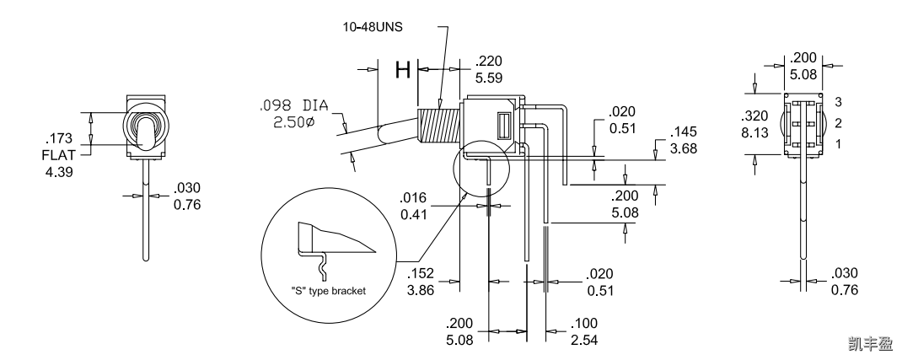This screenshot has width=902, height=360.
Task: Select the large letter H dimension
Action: pyautogui.click(x=404, y=70)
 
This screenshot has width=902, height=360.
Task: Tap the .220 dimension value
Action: pyautogui.click(x=489, y=61)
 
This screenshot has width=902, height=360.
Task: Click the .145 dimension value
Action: pyautogui.click(x=684, y=133)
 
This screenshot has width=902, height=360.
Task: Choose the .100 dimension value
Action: pyautogui.click(x=584, y=323)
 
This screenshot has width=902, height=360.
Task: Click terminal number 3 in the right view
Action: pyautogui.click(x=839, y=101)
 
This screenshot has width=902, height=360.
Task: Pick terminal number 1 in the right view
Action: pyautogui.click(x=839, y=146)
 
